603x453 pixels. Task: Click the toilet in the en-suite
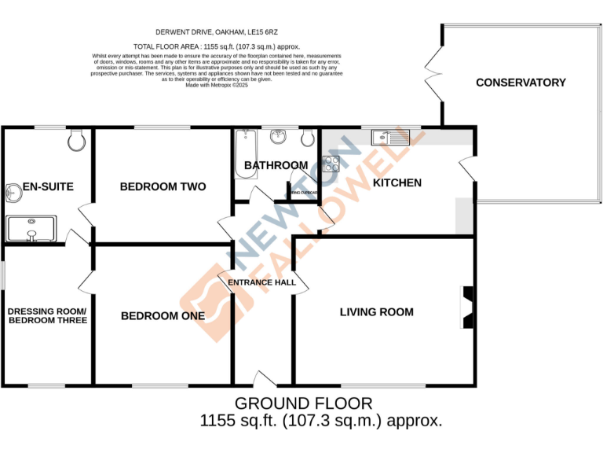click(x=76, y=140)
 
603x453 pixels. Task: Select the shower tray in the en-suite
click(x=31, y=229)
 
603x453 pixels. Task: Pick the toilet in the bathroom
click(x=309, y=139)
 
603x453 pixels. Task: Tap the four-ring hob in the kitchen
click(x=331, y=165)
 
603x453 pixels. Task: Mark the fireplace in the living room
click(x=467, y=308)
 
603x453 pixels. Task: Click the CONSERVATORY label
click(x=521, y=83)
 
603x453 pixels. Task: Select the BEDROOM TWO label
click(x=163, y=186)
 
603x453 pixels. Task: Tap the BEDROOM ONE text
click(x=163, y=315)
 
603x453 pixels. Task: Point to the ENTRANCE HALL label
click(x=262, y=282)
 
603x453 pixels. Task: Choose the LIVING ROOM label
click(x=376, y=312)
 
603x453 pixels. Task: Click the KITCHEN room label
click(x=397, y=182)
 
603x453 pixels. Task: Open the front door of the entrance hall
click(x=264, y=380)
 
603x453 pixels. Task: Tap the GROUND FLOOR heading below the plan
click(x=304, y=403)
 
